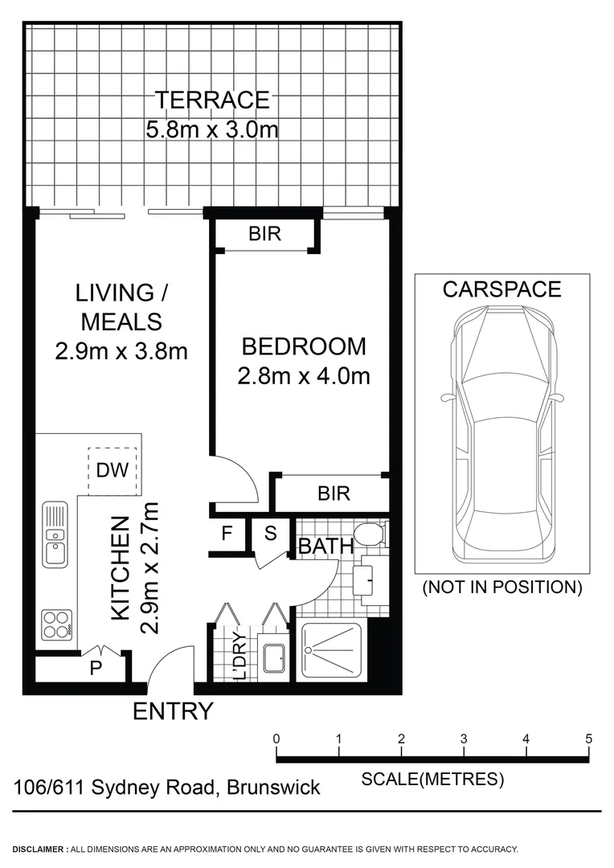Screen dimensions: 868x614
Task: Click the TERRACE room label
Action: click(212, 100)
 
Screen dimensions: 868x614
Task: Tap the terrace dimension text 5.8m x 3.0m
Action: click(212, 129)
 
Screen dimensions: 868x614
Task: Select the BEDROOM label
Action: click(304, 346)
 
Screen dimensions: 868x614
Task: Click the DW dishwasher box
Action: click(113, 471)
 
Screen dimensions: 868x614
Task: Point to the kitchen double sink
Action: click(55, 534)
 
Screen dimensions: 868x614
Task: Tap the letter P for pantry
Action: click(96, 669)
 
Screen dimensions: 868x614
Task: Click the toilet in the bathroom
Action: click(372, 534)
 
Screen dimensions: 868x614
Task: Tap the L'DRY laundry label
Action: click(239, 657)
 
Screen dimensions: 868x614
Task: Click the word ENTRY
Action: click(173, 711)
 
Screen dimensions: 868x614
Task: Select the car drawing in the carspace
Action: click(502, 434)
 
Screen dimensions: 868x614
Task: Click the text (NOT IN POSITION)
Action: click(502, 588)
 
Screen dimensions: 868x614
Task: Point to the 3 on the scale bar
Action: click(464, 739)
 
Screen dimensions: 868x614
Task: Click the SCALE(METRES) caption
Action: click(432, 778)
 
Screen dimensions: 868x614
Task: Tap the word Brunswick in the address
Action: click(274, 787)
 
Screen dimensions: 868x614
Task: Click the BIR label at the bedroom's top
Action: click(264, 235)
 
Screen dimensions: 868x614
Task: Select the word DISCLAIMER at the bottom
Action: click(39, 849)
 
